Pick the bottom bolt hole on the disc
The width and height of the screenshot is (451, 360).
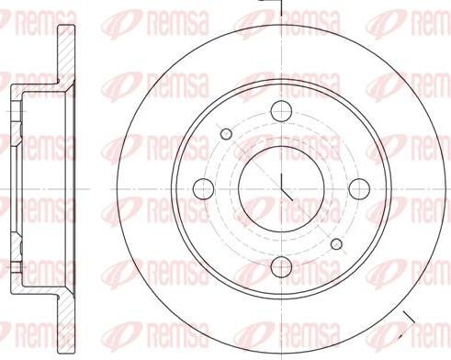[282, 268]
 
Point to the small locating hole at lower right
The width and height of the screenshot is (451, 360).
[336, 243]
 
